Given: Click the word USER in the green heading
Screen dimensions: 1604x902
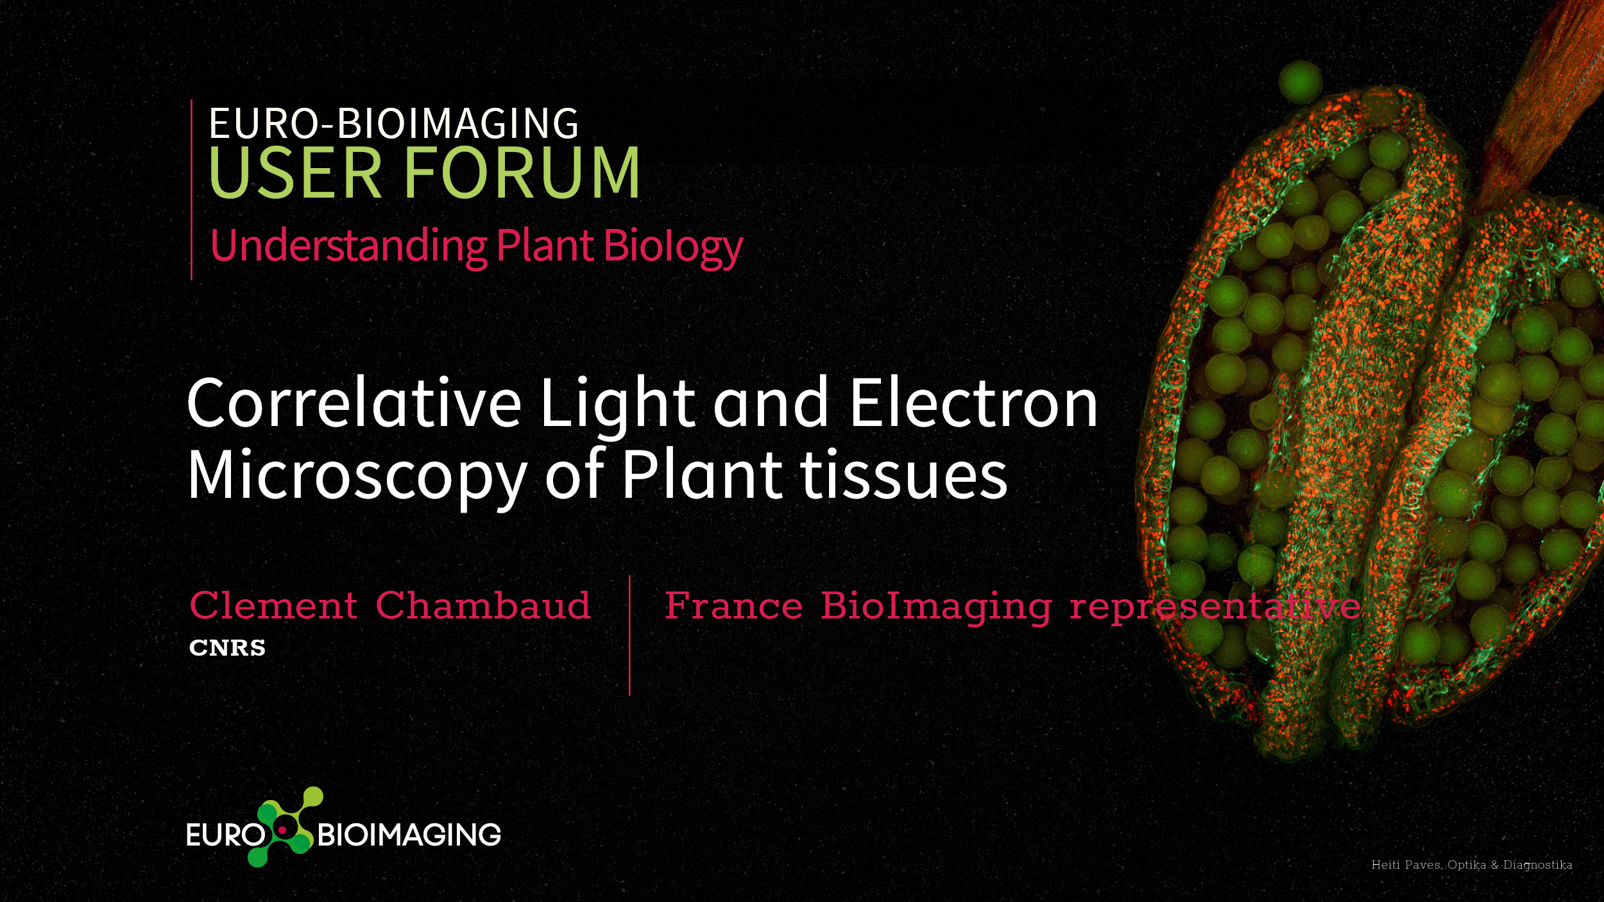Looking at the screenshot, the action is [x=295, y=172].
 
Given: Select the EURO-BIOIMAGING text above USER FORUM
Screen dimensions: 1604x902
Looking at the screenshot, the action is [x=394, y=123].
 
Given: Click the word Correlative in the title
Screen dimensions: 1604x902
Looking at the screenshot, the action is [x=354, y=403].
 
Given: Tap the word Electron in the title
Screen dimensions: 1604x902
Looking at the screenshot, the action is [x=973, y=403].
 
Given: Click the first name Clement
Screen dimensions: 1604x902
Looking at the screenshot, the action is [x=273, y=606].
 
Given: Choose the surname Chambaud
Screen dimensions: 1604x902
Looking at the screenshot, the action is [x=483, y=606].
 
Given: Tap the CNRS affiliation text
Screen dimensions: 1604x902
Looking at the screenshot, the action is [x=227, y=648].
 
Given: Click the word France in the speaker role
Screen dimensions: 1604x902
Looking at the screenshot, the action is [x=733, y=606].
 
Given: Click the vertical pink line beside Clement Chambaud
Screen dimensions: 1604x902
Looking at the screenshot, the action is [x=629, y=635].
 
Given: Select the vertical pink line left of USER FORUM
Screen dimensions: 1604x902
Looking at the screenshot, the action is [x=191, y=190].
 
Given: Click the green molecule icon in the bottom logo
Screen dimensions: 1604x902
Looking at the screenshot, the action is [x=286, y=827].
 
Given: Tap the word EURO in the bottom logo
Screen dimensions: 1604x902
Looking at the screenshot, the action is [x=225, y=835].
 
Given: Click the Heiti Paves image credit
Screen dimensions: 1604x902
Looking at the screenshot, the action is [x=1472, y=865].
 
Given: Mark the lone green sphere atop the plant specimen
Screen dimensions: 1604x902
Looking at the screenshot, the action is [x=1301, y=82].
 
